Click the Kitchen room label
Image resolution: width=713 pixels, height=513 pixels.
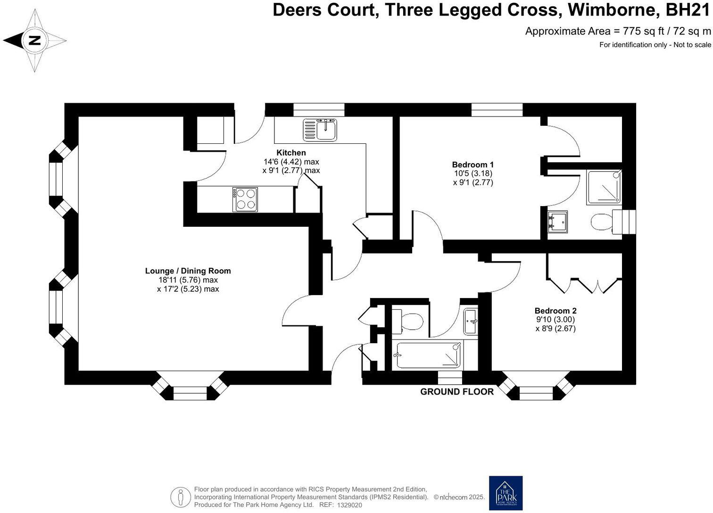point(291,153)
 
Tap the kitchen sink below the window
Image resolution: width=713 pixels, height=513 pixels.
point(320,129)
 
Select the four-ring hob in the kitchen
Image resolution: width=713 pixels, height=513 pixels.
point(245,199)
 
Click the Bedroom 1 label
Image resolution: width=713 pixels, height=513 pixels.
point(473,165)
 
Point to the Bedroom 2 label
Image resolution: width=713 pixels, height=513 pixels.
point(555,311)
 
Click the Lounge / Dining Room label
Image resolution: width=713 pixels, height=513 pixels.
point(188,271)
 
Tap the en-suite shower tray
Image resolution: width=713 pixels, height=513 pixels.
point(604,187)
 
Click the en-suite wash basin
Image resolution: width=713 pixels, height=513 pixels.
point(557,222)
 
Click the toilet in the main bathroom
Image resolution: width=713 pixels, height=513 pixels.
point(408,322)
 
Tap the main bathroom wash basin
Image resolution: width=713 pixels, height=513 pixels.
point(470,322)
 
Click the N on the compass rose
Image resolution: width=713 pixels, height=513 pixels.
point(34,41)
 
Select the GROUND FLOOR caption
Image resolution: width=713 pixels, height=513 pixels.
point(456,392)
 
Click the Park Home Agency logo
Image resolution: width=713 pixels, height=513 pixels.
point(506,493)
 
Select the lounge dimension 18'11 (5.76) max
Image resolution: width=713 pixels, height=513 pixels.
point(188,280)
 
